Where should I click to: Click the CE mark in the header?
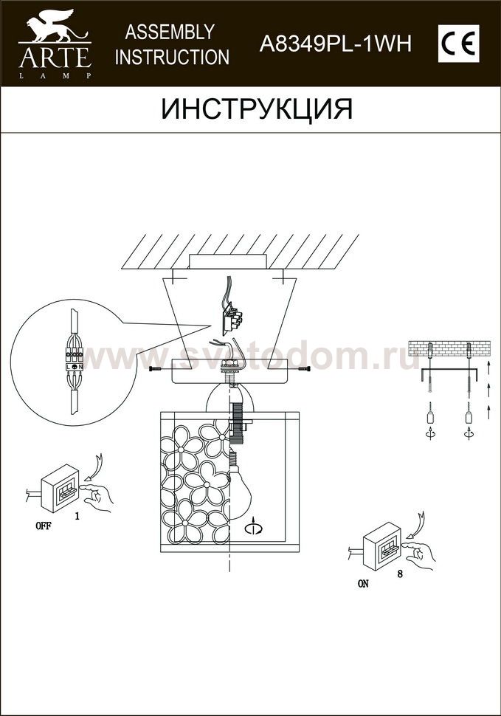tap(458, 44)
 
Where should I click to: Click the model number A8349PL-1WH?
tap(336, 44)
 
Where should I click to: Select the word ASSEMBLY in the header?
tap(170, 32)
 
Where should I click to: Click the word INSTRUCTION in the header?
tap(172, 57)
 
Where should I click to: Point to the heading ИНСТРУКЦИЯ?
tap(257, 109)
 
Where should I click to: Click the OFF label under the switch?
tap(44, 526)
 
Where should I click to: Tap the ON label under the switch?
tap(363, 584)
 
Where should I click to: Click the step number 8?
tap(400, 574)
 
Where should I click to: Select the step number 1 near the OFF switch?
tap(77, 517)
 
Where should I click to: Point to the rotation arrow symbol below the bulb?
tap(254, 527)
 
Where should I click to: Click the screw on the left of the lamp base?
tap(158, 368)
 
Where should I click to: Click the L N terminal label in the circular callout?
tap(74, 366)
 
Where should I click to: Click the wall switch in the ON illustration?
tap(382, 546)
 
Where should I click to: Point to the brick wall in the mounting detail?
tap(449, 348)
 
